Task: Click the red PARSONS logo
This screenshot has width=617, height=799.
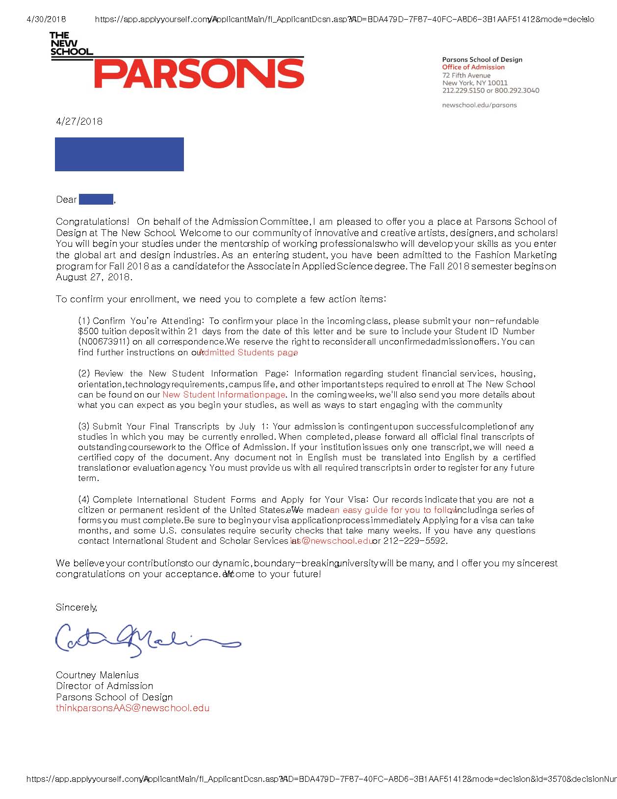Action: (199, 74)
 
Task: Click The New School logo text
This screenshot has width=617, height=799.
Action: (71, 43)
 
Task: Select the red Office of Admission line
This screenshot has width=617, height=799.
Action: (473, 67)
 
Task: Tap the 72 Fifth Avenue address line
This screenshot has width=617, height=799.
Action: (466, 75)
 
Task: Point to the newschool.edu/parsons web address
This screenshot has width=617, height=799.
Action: (479, 105)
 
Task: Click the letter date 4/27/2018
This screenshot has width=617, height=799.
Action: (79, 121)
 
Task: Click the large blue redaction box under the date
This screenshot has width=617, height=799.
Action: (119, 154)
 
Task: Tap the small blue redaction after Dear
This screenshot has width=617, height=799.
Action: (96, 199)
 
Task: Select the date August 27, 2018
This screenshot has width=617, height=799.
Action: (93, 277)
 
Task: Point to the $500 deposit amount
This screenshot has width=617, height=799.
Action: (88, 331)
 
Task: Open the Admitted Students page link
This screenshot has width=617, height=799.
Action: (249, 352)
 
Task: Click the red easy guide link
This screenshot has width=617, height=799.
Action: (392, 510)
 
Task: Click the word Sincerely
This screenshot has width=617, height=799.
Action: (77, 607)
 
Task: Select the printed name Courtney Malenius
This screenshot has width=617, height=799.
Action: (97, 675)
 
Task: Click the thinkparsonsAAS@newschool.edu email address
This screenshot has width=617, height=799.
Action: (132, 708)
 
